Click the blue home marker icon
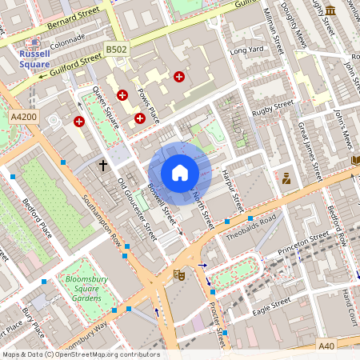tap(179, 173)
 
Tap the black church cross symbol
tap(102, 166)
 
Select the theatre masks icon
tap(179, 275)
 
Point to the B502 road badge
tap(117, 50)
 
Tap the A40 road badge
tap(326, 346)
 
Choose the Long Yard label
tap(246, 51)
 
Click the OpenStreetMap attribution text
tap(80, 354)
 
